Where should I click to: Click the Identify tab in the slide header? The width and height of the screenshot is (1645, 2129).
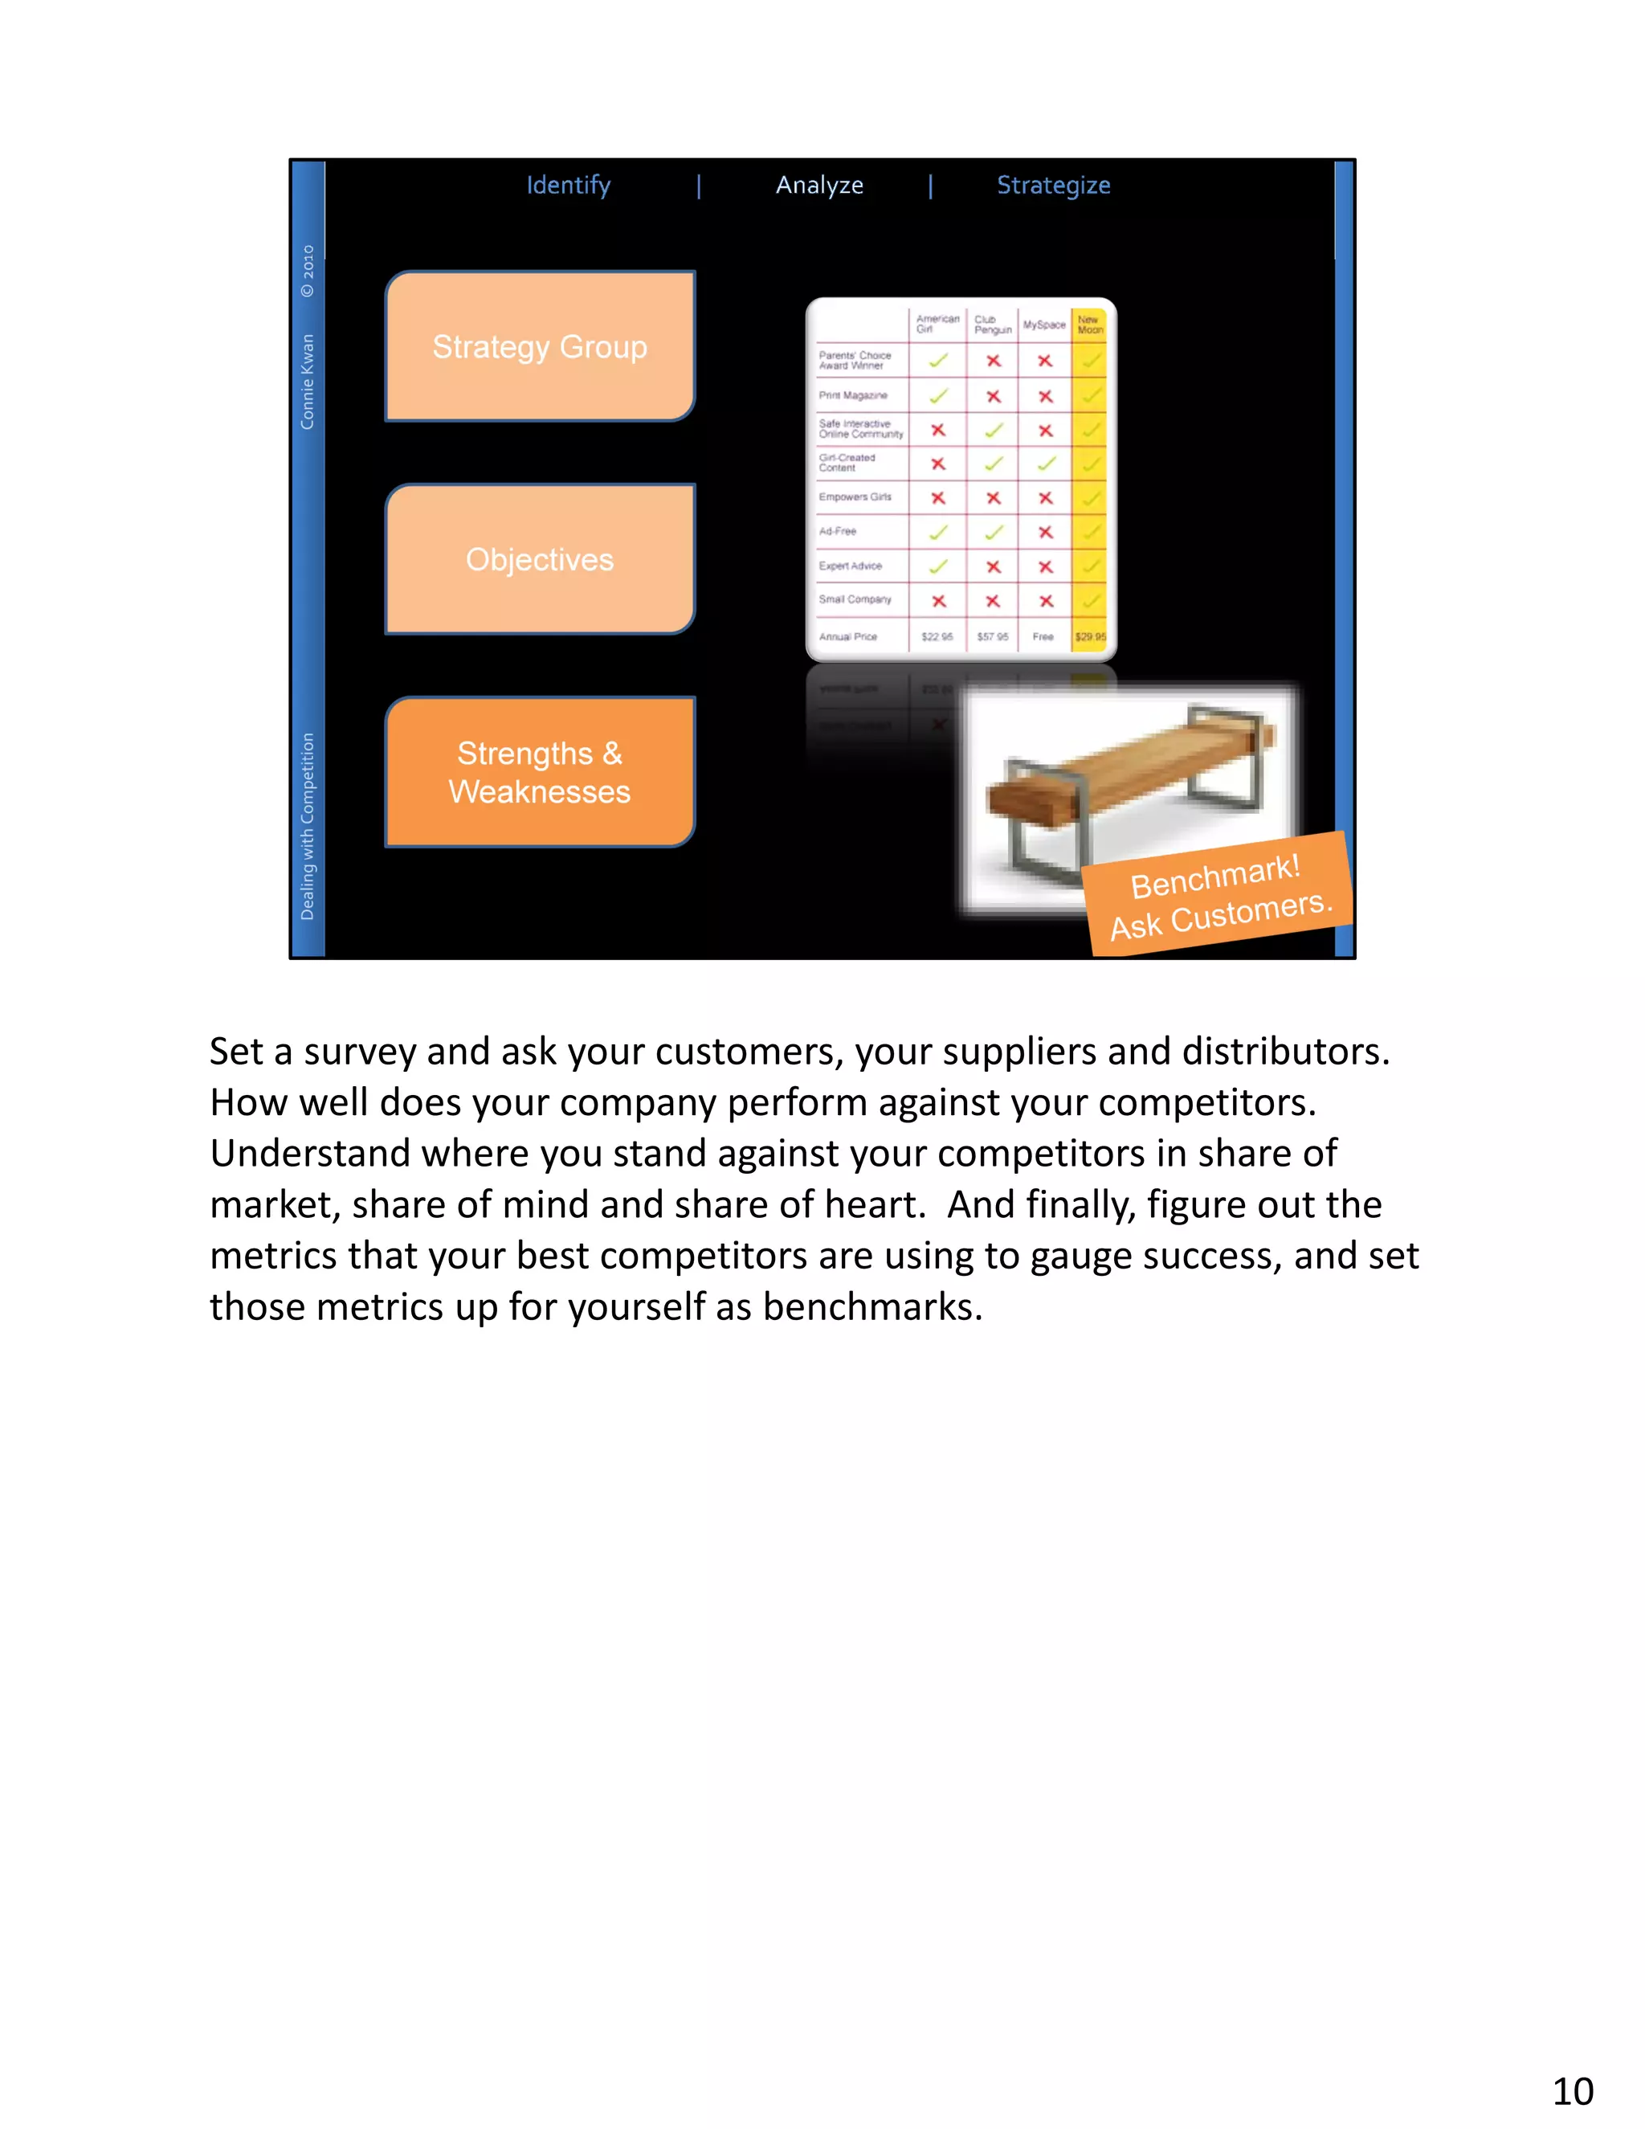tap(568, 186)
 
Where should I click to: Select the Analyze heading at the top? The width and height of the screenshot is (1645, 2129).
tap(818, 186)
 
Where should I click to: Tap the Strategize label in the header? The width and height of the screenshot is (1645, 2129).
tap(1052, 186)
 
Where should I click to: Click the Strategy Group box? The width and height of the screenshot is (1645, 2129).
tap(540, 346)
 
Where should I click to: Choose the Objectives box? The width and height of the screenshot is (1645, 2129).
tap(540, 559)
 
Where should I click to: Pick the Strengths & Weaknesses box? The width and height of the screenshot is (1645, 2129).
tap(540, 772)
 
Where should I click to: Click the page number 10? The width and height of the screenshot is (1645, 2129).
tap(1572, 2091)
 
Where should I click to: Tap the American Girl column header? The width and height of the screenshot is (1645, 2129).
tap(937, 324)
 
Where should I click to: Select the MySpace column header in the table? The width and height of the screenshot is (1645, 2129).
tap(1043, 325)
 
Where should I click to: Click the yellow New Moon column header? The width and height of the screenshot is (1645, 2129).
tap(1089, 325)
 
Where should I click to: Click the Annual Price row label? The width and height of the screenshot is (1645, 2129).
tap(848, 636)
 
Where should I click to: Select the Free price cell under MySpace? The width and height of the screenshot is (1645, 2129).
tap(1043, 636)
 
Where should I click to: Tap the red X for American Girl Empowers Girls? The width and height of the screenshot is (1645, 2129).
tap(937, 498)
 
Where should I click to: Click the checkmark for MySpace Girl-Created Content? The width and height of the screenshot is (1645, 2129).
tap(1046, 464)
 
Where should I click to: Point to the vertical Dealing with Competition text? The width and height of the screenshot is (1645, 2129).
tap(307, 826)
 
